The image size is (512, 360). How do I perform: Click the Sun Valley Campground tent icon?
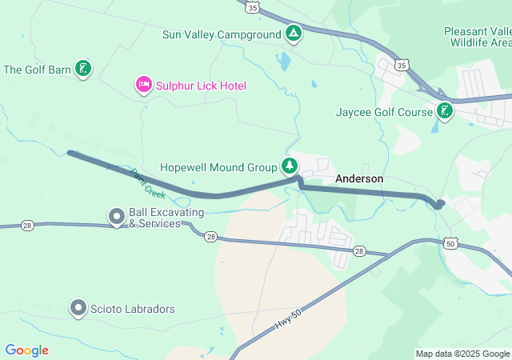[294, 34]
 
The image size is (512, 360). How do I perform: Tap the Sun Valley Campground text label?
[222, 34]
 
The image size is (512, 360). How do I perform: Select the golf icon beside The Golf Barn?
[82, 69]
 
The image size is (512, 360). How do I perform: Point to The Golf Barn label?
[37, 70]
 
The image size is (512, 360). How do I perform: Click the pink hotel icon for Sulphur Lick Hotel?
[144, 85]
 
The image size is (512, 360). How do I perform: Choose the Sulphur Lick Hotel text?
[201, 86]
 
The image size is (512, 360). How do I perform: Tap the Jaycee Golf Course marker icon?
[444, 112]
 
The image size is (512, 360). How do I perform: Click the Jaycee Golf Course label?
[384, 113]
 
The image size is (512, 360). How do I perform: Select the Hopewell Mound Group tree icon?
[289, 166]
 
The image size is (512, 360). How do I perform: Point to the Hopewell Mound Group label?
[218, 168]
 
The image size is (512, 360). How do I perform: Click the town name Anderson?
[359, 179]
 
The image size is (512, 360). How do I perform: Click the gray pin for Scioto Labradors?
[78, 307]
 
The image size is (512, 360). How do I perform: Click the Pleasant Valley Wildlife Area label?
[478, 36]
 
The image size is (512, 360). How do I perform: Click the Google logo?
[27, 350]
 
